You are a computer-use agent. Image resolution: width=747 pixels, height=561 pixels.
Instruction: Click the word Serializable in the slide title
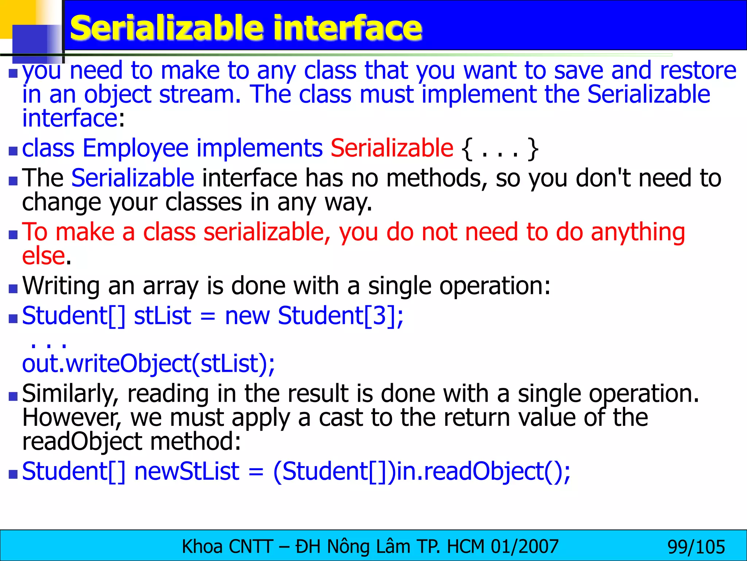tap(166, 28)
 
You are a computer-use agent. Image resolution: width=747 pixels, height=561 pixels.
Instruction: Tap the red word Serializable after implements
tap(392, 148)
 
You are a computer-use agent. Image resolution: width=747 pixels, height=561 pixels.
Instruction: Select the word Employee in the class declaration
tap(135, 148)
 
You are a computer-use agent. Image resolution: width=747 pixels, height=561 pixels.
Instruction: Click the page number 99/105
tap(696, 547)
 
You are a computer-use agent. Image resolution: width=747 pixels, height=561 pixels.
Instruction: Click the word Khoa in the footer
tap(202, 547)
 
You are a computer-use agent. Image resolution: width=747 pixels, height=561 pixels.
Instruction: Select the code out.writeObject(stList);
tap(148, 364)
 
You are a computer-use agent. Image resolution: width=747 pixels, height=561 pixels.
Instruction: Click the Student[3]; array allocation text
tap(341, 316)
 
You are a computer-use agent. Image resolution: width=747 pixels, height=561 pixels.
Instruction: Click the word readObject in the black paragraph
tap(82, 441)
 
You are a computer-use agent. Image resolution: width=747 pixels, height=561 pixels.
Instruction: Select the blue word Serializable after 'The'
tap(133, 178)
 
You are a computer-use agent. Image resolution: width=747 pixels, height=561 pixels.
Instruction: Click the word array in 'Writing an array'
tap(171, 286)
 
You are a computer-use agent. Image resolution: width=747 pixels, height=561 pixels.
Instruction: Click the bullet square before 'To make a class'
tap(13, 234)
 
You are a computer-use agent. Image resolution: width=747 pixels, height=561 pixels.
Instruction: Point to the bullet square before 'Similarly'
tap(13, 396)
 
